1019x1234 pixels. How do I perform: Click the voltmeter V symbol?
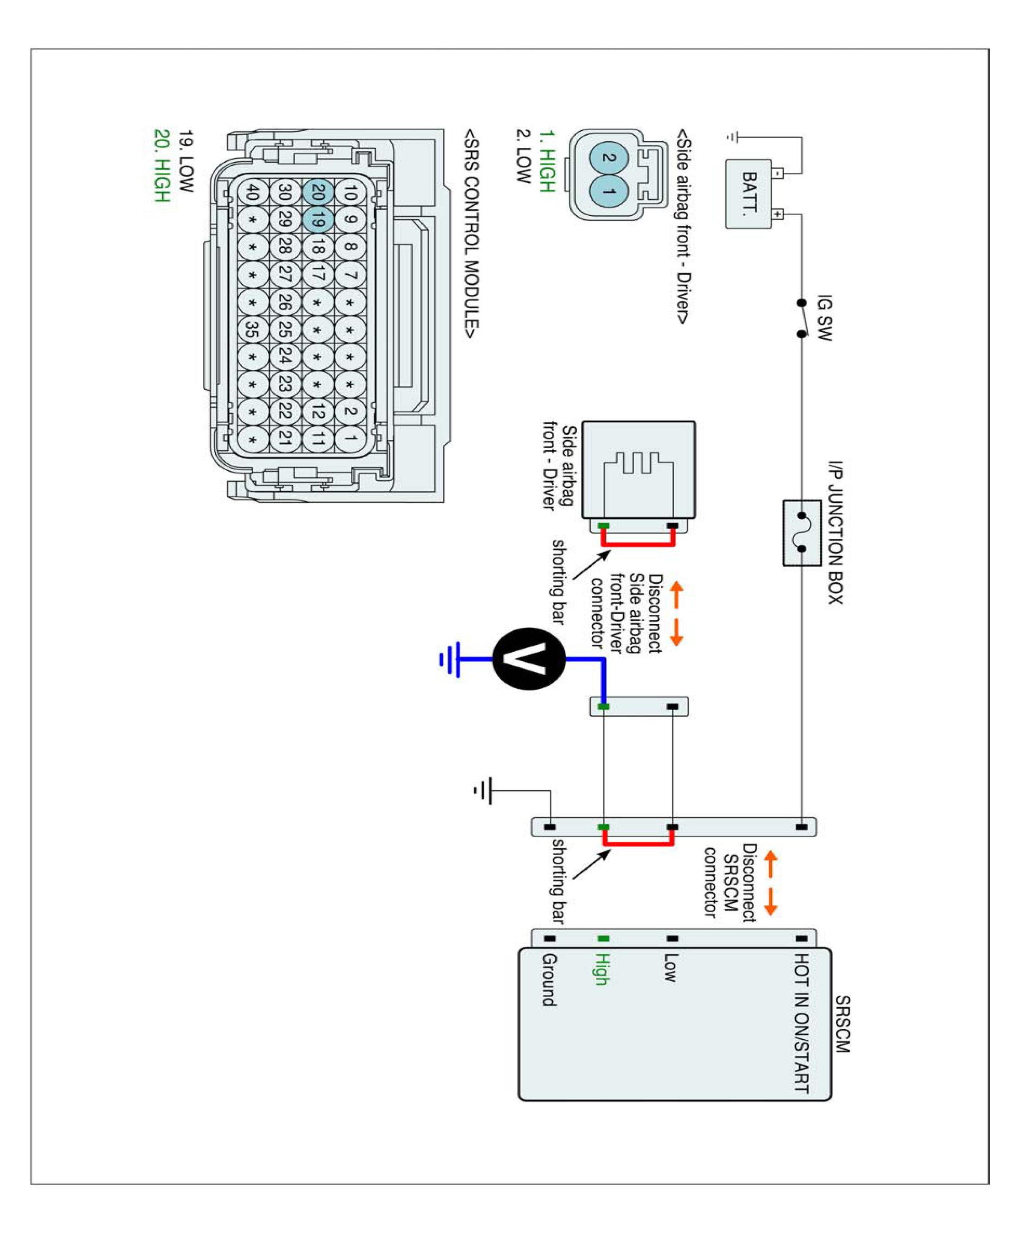(x=528, y=659)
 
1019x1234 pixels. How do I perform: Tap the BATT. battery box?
(x=748, y=194)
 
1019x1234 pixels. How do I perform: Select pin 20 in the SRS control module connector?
(x=318, y=192)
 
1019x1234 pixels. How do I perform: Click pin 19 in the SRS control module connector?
(x=318, y=219)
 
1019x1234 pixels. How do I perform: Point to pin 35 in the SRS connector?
(x=252, y=330)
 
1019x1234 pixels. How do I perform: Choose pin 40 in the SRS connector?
(x=252, y=192)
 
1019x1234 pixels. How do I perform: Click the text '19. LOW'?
(x=186, y=161)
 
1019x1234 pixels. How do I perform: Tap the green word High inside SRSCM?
(x=602, y=968)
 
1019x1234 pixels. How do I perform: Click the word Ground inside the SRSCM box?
(x=549, y=980)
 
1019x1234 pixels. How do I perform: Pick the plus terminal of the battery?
(x=777, y=214)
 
